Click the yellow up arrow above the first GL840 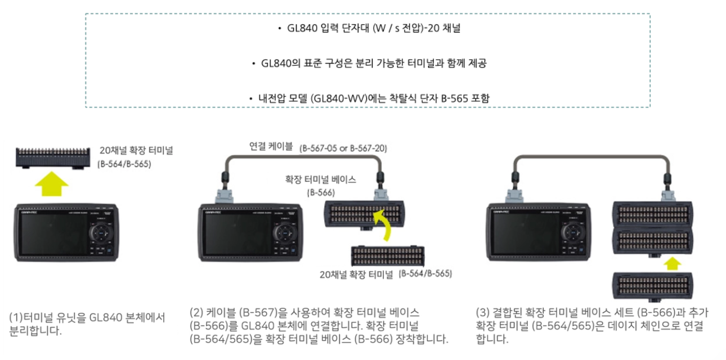point(52,184)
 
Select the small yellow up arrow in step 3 point(672,263)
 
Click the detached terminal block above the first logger point(53,158)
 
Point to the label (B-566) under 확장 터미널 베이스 point(321,193)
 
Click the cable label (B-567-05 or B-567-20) point(343,148)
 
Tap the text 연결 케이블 point(271,146)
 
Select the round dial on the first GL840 point(101,233)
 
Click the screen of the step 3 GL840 point(524,234)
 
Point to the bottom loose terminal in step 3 point(652,286)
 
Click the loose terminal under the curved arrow point(388,256)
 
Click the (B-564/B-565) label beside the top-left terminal point(124,164)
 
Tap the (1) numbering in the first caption point(16,317)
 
